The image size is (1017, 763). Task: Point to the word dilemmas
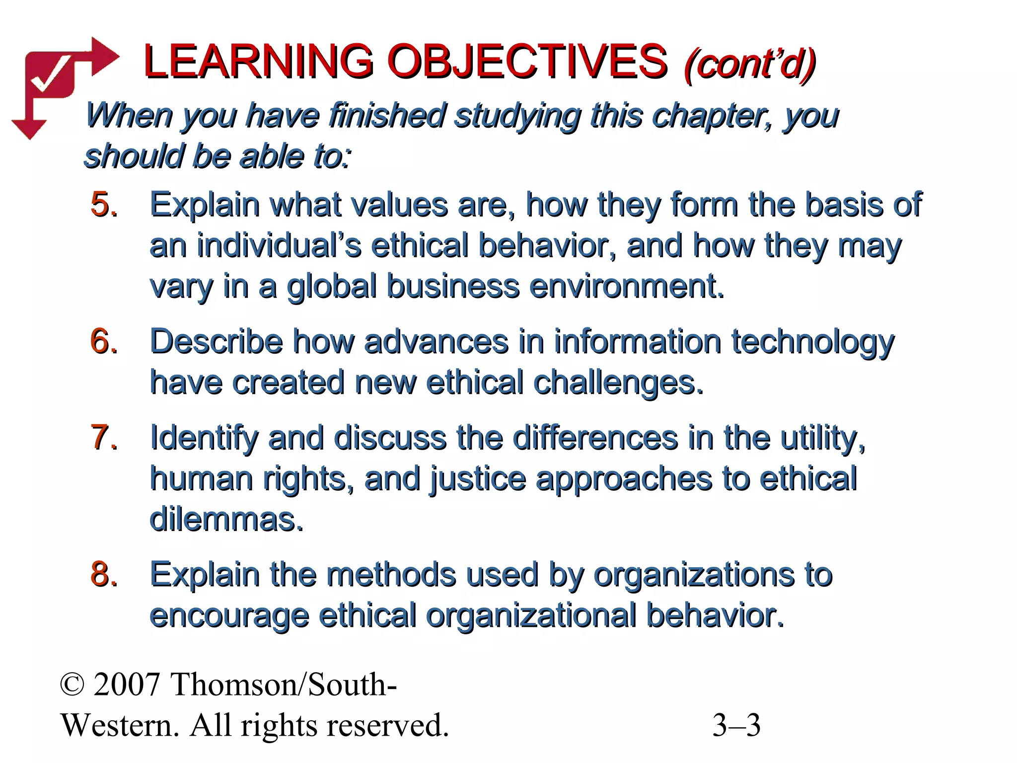226,520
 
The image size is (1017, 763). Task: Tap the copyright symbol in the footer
72,685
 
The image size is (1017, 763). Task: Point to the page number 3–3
736,725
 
